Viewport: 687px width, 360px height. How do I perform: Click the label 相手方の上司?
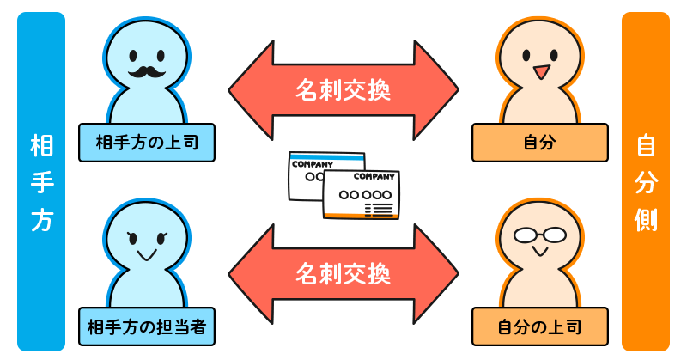tap(146, 143)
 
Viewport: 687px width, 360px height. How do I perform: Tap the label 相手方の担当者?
tap(146, 326)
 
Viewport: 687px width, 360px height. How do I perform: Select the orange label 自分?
tap(539, 143)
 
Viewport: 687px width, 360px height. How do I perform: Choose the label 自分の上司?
tap(539, 326)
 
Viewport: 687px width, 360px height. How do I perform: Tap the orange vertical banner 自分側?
tap(646, 181)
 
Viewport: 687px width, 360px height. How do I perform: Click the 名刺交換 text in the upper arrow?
tap(343, 89)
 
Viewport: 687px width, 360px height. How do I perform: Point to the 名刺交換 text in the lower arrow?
tap(343, 274)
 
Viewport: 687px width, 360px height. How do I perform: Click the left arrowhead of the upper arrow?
tap(249, 89)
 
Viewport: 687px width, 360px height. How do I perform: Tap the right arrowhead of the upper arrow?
tap(438, 89)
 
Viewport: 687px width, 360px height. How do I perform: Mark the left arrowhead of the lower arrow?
tap(249, 274)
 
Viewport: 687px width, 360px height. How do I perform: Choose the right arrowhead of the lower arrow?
tap(438, 274)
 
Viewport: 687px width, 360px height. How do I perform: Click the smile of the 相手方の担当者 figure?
tap(146, 254)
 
